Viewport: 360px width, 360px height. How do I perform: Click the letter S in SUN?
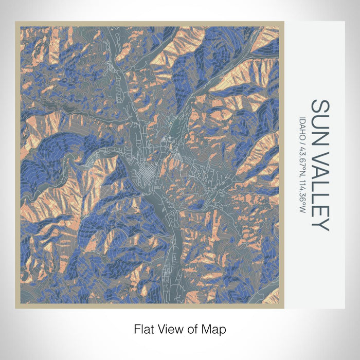[x=320, y=106]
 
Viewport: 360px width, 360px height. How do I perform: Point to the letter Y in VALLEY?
[x=320, y=225]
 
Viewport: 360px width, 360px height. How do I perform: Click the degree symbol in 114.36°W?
[x=303, y=207]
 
